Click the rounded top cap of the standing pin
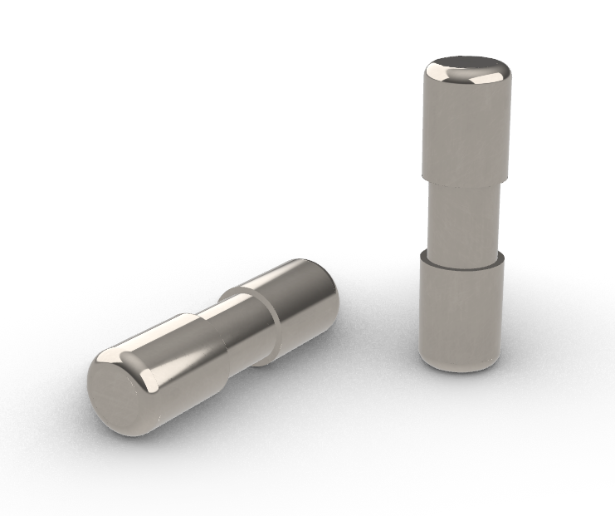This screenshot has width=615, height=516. pos(467,73)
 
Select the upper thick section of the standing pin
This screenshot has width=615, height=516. pos(466,133)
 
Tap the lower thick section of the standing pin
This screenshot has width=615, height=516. pos(461,307)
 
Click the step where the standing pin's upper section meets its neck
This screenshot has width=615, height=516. pos(465,180)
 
